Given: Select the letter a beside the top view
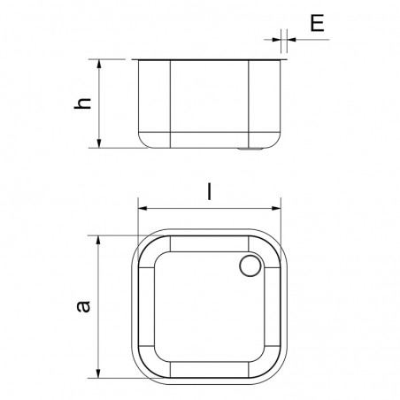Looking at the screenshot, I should [82, 305].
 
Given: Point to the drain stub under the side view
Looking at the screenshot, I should [250, 149].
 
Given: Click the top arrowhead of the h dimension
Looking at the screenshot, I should [98, 64].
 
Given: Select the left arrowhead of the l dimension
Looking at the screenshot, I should [142, 210].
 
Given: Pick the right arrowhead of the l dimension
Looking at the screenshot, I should [280, 210].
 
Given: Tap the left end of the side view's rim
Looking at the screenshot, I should [135, 60].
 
